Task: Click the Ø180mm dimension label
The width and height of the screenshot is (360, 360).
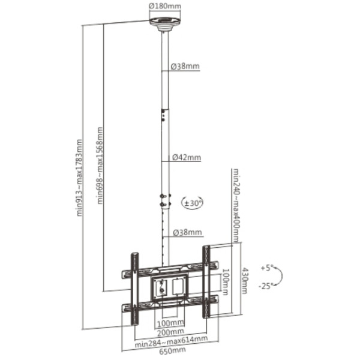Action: click(x=165, y=6)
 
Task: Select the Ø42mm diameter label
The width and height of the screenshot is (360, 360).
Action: click(x=187, y=157)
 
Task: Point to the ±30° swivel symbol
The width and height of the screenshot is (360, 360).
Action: click(x=193, y=203)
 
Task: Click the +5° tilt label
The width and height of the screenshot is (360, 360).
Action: click(x=267, y=268)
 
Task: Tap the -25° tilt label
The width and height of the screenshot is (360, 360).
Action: click(x=266, y=286)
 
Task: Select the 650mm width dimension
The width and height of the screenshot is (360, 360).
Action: click(x=172, y=350)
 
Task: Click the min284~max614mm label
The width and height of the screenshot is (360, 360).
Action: click(x=171, y=341)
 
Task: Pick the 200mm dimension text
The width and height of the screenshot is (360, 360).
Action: click(x=170, y=332)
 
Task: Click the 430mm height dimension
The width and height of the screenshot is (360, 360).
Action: click(x=244, y=281)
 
